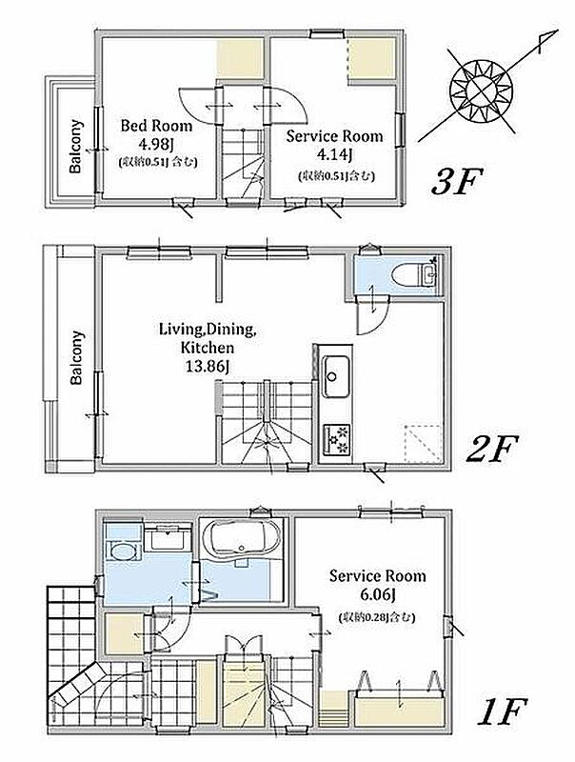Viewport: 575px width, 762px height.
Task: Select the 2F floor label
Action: coord(491,448)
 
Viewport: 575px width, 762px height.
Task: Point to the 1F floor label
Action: coord(501,711)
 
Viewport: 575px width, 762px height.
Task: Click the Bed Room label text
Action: coord(156,126)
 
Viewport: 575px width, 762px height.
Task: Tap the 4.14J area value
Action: coord(334,154)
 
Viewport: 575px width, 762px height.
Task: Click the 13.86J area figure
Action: coord(208,366)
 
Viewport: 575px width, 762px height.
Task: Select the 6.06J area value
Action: coord(378,593)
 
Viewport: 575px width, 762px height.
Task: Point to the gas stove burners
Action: coord(337,440)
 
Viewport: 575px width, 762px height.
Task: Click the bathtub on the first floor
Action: coord(241,537)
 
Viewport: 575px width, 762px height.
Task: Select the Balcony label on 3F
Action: coord(76,146)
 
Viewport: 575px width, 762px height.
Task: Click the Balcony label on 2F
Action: coord(77,358)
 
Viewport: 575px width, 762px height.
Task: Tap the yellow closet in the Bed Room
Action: coord(240,58)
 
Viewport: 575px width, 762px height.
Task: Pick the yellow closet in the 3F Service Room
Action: coord(371,58)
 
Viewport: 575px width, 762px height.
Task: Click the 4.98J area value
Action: coord(156,144)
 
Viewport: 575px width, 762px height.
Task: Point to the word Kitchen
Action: coord(208,348)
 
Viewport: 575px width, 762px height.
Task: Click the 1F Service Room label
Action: coord(377,576)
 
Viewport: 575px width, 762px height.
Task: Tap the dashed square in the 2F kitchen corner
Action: coord(423,444)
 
